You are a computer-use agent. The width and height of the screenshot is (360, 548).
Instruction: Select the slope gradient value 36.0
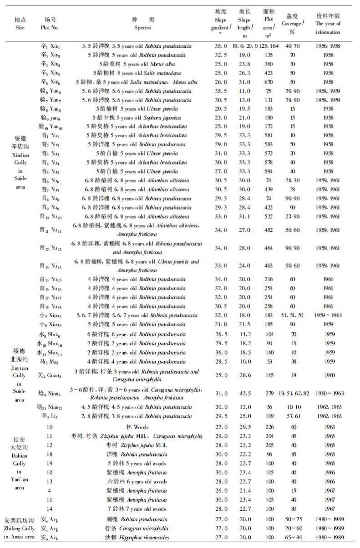[x=221, y=353]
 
